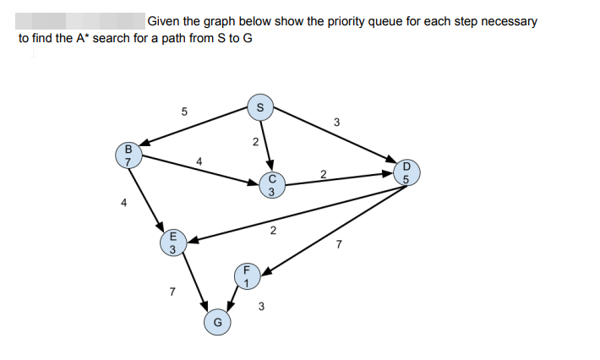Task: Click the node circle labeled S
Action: coord(260,107)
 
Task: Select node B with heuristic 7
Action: coord(128,155)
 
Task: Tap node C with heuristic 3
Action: coord(272,185)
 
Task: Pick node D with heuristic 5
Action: coord(406,173)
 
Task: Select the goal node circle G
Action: coord(217,321)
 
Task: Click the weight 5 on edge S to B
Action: coord(184,111)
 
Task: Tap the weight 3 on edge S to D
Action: coord(336,123)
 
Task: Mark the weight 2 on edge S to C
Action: coord(254,142)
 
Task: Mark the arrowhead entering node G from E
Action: coord(205,308)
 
